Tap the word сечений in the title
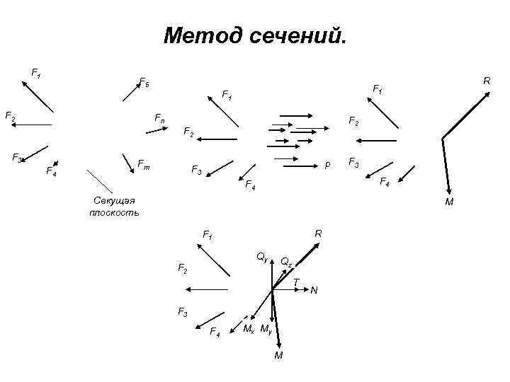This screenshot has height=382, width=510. (297, 35)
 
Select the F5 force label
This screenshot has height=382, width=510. (144, 83)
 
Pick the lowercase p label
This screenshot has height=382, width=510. (327, 164)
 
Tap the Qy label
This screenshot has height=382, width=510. (262, 255)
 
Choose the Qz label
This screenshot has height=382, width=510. (286, 262)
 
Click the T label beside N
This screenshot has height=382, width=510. (295, 282)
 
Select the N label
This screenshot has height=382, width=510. (314, 290)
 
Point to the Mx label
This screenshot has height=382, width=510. (249, 329)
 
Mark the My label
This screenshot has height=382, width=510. (266, 329)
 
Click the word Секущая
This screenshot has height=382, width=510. (113, 201)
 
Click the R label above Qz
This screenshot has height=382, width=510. (318, 233)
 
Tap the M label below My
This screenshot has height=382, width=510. (278, 354)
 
